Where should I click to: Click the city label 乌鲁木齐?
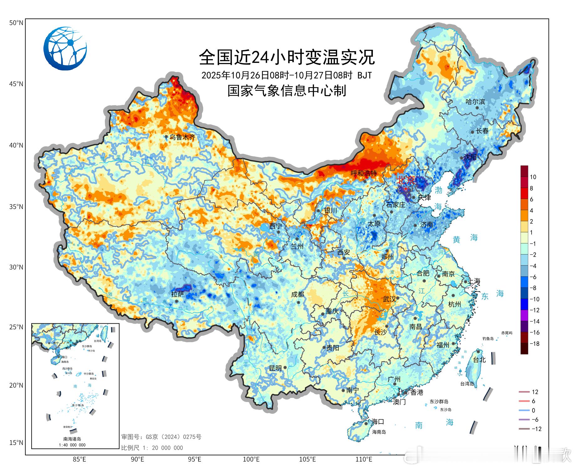[x=182, y=137]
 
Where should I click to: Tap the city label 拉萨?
[x=177, y=294]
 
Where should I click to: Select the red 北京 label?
[x=406, y=180]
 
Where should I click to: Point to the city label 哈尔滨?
[x=475, y=102]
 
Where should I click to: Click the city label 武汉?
[x=389, y=299]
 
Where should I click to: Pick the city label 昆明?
[x=275, y=368]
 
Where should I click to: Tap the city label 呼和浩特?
[x=364, y=173]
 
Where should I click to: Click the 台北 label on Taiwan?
[x=479, y=360]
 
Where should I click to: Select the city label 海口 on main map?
[x=378, y=422]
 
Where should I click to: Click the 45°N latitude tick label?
[x=16, y=84]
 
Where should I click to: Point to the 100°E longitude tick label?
[x=251, y=460]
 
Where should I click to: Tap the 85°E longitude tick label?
[x=79, y=460]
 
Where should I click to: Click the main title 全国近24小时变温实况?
[x=287, y=57]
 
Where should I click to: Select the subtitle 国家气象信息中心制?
[x=287, y=91]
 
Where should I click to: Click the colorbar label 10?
[x=533, y=177]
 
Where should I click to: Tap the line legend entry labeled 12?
[x=535, y=392]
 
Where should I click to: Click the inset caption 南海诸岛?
[x=72, y=439]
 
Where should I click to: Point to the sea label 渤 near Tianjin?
[x=439, y=190]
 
